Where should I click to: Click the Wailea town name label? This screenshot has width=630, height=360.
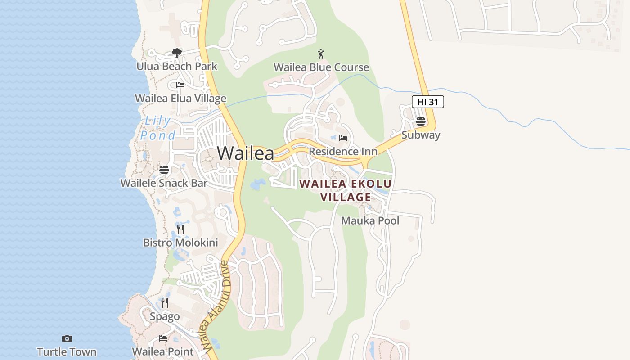(245, 153)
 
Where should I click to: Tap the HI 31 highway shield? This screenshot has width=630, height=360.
(427, 102)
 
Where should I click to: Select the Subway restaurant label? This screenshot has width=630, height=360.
(421, 135)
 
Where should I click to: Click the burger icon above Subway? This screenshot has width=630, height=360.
(421, 121)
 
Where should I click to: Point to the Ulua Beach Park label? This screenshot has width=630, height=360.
(177, 66)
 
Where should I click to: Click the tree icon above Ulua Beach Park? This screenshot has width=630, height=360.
(177, 53)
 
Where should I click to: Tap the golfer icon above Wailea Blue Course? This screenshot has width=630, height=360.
(321, 54)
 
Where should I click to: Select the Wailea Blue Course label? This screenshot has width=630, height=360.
(321, 67)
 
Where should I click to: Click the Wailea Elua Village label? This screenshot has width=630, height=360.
(180, 98)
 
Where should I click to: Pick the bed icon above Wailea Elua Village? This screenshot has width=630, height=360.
(180, 85)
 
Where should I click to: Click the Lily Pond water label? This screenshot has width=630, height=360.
(157, 128)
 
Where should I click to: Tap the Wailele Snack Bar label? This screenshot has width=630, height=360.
(164, 183)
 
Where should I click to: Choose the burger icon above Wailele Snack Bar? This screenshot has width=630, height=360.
(164, 170)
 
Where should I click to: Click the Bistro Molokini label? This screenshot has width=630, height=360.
(180, 243)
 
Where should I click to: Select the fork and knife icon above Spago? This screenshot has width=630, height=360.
(165, 303)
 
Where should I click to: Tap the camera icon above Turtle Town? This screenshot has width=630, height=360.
(67, 338)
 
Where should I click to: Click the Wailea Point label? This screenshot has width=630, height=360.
(163, 351)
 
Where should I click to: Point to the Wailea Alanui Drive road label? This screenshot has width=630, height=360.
(216, 306)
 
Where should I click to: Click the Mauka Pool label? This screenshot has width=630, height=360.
(370, 221)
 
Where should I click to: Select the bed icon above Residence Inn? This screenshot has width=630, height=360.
(343, 138)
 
